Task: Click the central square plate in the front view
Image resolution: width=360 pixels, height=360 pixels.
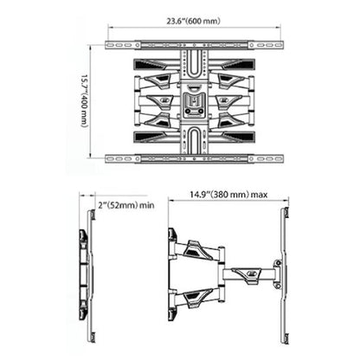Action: pos(194,101)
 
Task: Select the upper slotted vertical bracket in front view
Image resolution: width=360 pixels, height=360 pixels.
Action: pos(194,65)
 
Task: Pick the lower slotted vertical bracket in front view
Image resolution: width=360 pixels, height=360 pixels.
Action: pos(194,138)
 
